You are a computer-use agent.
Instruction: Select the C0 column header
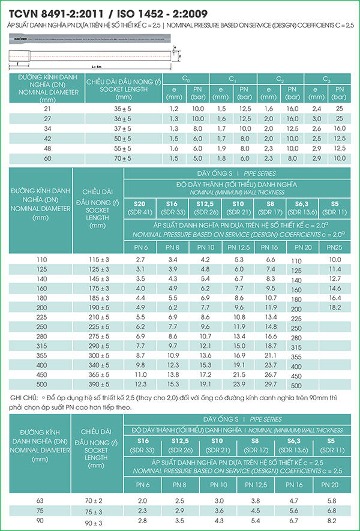coord(186,79)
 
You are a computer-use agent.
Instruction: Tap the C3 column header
coord(326,79)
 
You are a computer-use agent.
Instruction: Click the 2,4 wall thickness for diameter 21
coord(316,109)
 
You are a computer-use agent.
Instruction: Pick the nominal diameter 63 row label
coord(40,500)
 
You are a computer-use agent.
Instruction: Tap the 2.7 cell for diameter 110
coord(140,259)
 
